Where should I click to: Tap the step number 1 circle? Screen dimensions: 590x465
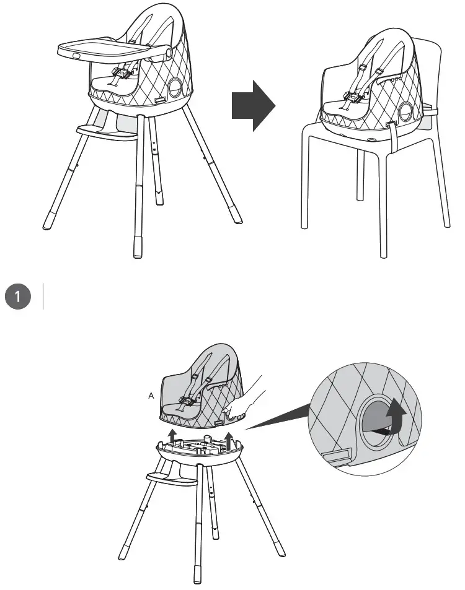[19, 297]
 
